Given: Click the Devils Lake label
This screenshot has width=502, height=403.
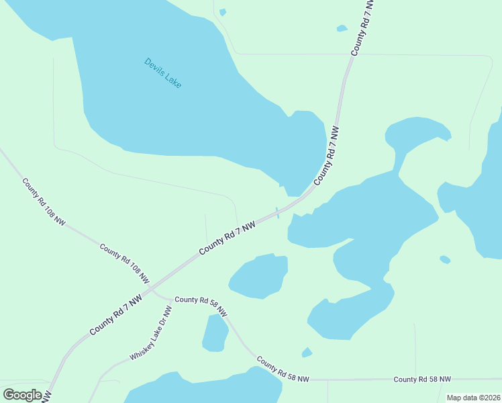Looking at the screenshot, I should [162, 73].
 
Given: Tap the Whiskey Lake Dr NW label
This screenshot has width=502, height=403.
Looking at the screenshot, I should [151, 333].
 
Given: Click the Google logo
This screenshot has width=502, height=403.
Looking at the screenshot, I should [22, 394].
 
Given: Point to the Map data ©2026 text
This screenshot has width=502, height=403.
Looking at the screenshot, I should [473, 398].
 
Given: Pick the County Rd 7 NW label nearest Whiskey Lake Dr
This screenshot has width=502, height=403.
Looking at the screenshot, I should [115, 314].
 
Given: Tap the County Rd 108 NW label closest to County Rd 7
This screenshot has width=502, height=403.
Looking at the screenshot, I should [125, 263].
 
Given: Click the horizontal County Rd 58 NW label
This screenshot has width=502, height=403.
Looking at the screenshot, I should [422, 379].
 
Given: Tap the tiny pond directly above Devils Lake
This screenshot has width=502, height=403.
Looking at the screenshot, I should [223, 12].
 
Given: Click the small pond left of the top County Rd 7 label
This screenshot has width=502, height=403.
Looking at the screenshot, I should [342, 28].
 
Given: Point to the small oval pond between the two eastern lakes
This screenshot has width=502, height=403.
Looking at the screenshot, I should [444, 259].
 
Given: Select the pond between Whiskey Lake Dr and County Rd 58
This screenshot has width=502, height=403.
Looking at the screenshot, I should [215, 333].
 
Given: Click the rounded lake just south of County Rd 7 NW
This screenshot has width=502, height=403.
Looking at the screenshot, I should [259, 275].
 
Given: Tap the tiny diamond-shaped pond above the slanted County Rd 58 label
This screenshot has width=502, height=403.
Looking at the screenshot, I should [307, 352].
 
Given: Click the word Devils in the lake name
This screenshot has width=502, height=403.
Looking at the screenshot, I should [154, 68].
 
